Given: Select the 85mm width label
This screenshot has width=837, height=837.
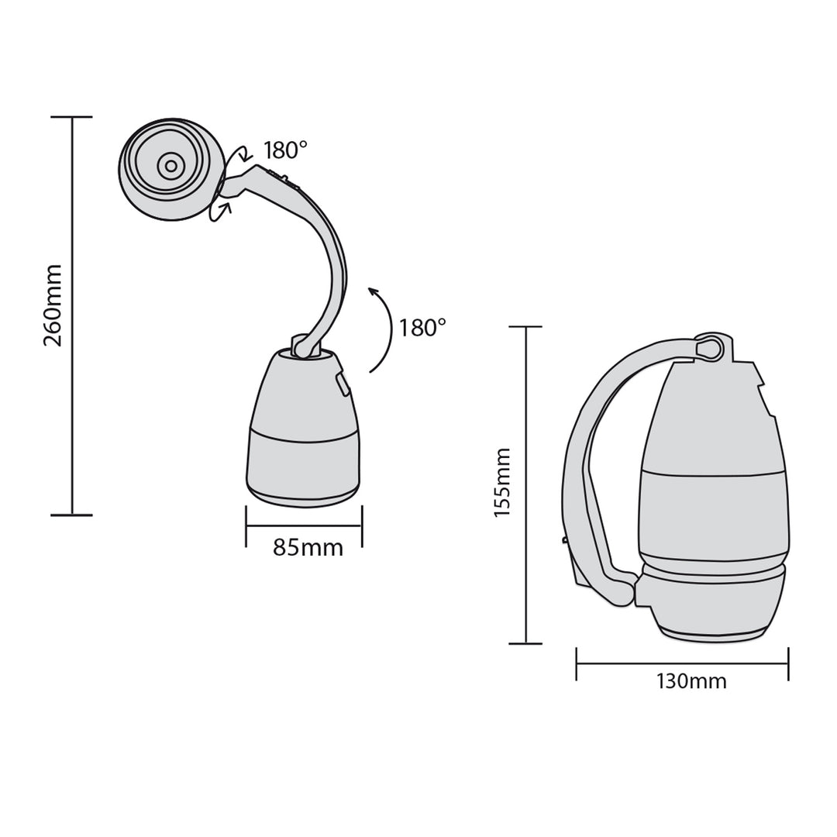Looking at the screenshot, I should pos(308,547).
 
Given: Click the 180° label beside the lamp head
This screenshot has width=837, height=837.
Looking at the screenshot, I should pos(285,150).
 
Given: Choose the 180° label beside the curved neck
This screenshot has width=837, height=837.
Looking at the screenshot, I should pos(422,327).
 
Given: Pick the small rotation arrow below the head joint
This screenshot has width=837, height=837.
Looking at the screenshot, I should pos(221,212).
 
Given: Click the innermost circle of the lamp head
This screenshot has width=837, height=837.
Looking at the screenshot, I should pos(168,165).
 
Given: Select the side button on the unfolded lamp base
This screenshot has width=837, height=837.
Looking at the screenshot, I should pos(341,382).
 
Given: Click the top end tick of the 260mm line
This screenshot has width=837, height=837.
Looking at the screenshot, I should pos(72,117).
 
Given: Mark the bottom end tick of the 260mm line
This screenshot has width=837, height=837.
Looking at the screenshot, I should pos(72,515).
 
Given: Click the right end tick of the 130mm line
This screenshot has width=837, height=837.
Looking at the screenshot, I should pos(788,664).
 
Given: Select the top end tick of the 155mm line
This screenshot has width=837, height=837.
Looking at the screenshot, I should pos(526,327).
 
